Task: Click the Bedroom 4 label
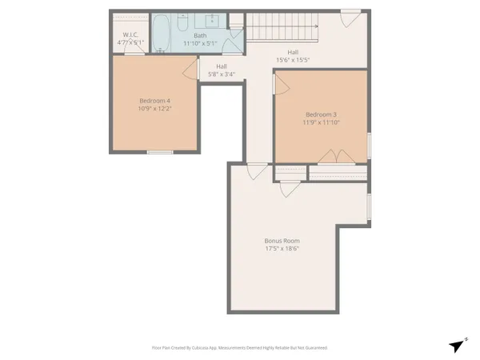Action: tap(155, 100)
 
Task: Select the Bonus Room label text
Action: tap(282, 240)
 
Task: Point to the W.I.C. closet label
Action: tap(131, 34)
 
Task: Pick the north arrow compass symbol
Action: tap(457, 346)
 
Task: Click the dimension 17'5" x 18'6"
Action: tap(282, 250)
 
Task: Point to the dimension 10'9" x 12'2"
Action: tap(155, 110)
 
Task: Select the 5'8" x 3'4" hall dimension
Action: tap(221, 74)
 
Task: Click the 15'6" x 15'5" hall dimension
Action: tap(293, 60)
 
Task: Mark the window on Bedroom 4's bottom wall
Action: tap(160, 151)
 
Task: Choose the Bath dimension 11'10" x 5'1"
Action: tap(199, 43)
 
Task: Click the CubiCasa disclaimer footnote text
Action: tap(239, 348)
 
